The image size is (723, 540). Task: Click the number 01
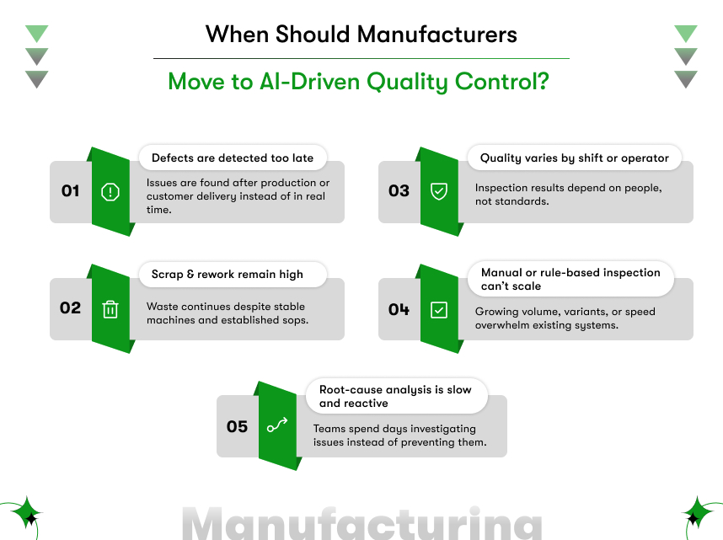[71, 191]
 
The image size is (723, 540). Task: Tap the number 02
[71, 307]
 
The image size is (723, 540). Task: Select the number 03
[399, 191]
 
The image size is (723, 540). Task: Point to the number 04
[399, 309]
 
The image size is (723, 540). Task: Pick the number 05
[238, 426]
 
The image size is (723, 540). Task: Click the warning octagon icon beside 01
[110, 191]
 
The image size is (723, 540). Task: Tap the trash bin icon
[110, 309]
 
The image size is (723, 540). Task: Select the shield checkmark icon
[438, 191]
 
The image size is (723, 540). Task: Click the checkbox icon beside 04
[438, 309]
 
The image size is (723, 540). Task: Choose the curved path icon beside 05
[277, 426]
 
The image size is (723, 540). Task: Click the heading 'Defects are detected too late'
[232, 158]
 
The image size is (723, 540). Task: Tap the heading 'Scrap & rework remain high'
[227, 274]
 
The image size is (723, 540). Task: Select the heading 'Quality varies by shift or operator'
[574, 158]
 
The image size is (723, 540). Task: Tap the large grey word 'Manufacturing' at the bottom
[362, 524]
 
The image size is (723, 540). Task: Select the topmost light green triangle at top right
[686, 34]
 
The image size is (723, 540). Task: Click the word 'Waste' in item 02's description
[162, 307]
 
